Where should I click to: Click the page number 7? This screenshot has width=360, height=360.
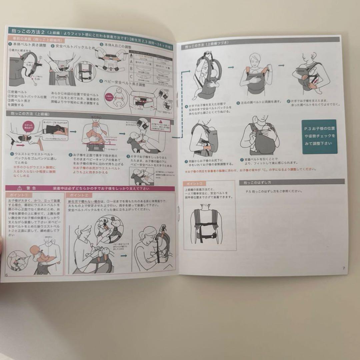pyautogui.click(x=343, y=268)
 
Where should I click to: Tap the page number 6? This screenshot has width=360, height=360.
pyautogui.click(x=6, y=274)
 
